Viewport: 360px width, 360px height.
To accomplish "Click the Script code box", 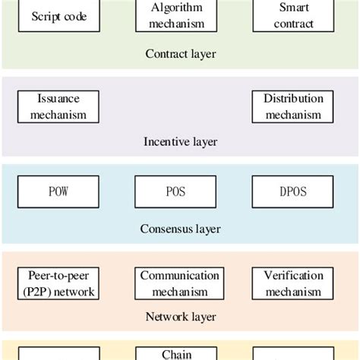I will (x=59, y=16).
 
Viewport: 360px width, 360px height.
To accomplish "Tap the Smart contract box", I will (x=294, y=15).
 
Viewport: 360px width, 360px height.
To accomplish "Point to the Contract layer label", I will (x=180, y=54).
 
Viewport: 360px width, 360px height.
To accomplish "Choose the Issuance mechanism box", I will (x=58, y=107).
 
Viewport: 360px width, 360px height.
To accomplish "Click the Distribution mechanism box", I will (x=294, y=107).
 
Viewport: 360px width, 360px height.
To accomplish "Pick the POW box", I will (x=58, y=192).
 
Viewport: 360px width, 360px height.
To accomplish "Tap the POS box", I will (x=176, y=192).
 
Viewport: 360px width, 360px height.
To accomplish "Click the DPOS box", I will (x=294, y=192).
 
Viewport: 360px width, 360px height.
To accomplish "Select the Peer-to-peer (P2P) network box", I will (x=58, y=283).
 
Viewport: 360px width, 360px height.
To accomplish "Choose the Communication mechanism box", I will (x=179, y=283).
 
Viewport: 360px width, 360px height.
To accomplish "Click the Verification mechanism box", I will (x=294, y=283).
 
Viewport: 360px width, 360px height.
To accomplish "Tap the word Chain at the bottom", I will (x=176, y=354).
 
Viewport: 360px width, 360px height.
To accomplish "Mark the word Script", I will (x=45, y=16).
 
